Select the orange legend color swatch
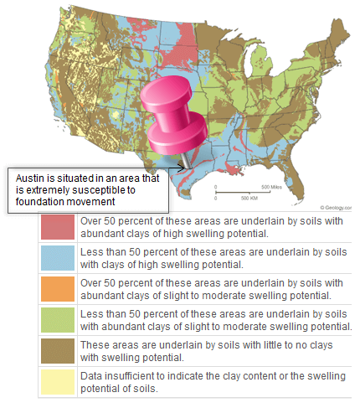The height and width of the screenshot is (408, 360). coord(58,288)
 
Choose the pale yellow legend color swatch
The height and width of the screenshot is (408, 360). coord(58,381)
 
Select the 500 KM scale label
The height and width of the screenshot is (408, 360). coord(249,199)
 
